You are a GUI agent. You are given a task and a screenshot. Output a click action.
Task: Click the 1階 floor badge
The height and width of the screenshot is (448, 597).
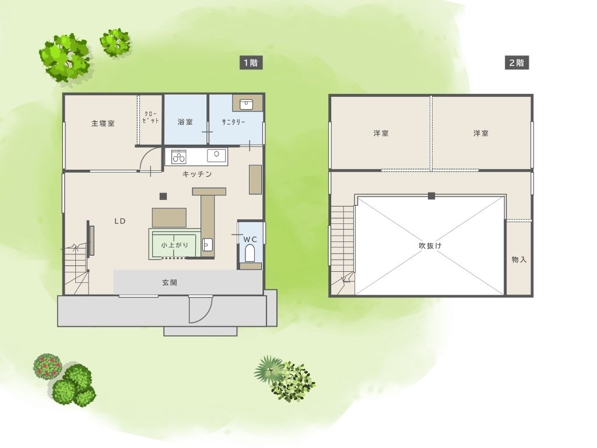(x=251, y=62)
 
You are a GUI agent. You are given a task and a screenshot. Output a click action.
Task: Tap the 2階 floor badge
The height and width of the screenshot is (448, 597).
(x=517, y=62)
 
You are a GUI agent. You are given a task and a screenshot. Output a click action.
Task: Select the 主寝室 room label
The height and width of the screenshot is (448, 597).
(x=103, y=124)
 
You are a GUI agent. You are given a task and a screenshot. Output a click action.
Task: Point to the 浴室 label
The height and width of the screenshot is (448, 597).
(x=185, y=122)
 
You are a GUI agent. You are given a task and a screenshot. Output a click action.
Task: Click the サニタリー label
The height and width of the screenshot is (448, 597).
(x=233, y=122)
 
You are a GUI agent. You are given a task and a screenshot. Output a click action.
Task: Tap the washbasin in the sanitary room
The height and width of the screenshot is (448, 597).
(x=247, y=103)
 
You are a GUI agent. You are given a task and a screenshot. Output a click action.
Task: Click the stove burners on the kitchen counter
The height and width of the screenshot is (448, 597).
(x=178, y=157)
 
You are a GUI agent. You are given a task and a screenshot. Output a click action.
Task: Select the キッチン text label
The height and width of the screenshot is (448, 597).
(x=197, y=174)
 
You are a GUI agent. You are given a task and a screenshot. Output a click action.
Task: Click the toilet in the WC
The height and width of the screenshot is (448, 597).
(x=250, y=253)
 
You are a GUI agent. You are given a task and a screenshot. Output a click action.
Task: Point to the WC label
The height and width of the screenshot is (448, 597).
(x=250, y=239)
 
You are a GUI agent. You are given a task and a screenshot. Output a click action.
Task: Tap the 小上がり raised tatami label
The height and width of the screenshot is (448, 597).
(x=175, y=245)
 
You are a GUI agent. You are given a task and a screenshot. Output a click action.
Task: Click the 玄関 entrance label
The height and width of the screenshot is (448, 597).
(x=170, y=283)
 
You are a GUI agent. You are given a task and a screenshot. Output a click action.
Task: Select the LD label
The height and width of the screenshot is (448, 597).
(x=120, y=221)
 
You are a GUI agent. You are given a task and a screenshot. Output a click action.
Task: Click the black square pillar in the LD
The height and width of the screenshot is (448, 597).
(x=163, y=196)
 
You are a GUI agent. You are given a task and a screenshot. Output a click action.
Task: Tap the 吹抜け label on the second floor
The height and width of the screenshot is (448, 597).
(x=430, y=246)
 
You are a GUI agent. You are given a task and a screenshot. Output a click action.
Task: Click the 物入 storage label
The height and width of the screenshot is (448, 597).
(x=519, y=260)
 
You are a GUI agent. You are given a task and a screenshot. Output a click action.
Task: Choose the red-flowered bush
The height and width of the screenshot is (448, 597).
(x=47, y=365)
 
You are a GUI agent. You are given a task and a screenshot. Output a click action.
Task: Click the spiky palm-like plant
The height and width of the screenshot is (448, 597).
(x=269, y=369)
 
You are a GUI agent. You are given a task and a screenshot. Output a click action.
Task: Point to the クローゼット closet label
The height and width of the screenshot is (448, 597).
(x=150, y=117)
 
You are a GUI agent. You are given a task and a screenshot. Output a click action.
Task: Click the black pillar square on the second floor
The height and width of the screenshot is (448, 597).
(x=431, y=196)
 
